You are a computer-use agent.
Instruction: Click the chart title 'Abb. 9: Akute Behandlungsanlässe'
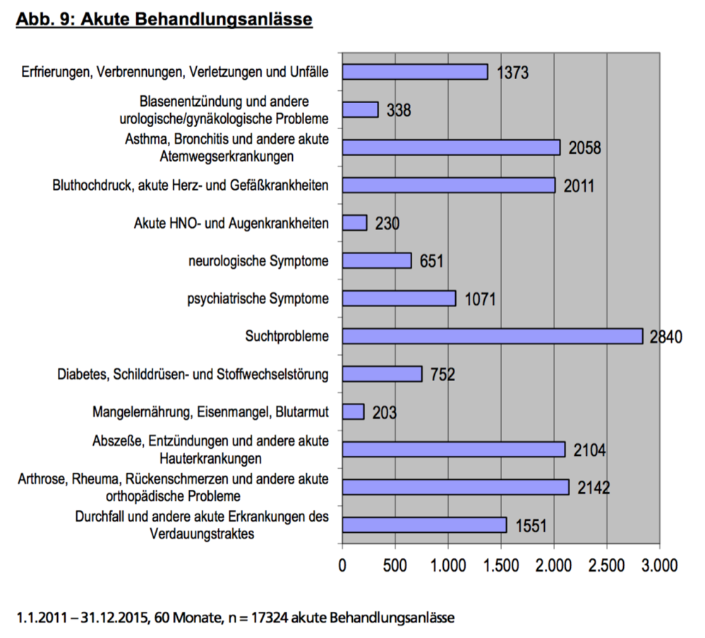tap(164, 20)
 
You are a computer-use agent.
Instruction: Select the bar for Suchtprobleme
tap(493, 337)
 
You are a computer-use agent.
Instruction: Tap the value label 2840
tap(666, 337)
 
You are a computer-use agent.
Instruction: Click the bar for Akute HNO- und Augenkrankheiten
tap(354, 223)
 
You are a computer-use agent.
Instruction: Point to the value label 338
tap(399, 110)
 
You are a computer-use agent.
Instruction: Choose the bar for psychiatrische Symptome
tap(399, 299)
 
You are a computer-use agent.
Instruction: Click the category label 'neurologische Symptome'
tap(258, 261)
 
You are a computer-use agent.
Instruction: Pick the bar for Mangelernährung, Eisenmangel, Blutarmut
tap(353, 412)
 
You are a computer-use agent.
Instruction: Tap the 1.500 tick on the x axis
tap(501, 565)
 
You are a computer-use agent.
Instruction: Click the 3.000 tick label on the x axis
tap(660, 565)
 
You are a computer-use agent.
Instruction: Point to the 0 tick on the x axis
tap(342, 565)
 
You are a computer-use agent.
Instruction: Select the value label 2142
tap(593, 488)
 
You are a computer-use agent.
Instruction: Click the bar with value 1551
tap(424, 525)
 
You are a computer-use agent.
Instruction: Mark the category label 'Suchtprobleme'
tap(287, 337)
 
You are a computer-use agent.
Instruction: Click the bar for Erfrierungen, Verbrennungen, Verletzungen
tap(415, 72)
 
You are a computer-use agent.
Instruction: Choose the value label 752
tap(443, 375)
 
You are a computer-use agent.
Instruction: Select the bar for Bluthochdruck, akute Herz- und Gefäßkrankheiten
tap(449, 185)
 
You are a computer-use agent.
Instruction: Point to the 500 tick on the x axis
tap(394, 565)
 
